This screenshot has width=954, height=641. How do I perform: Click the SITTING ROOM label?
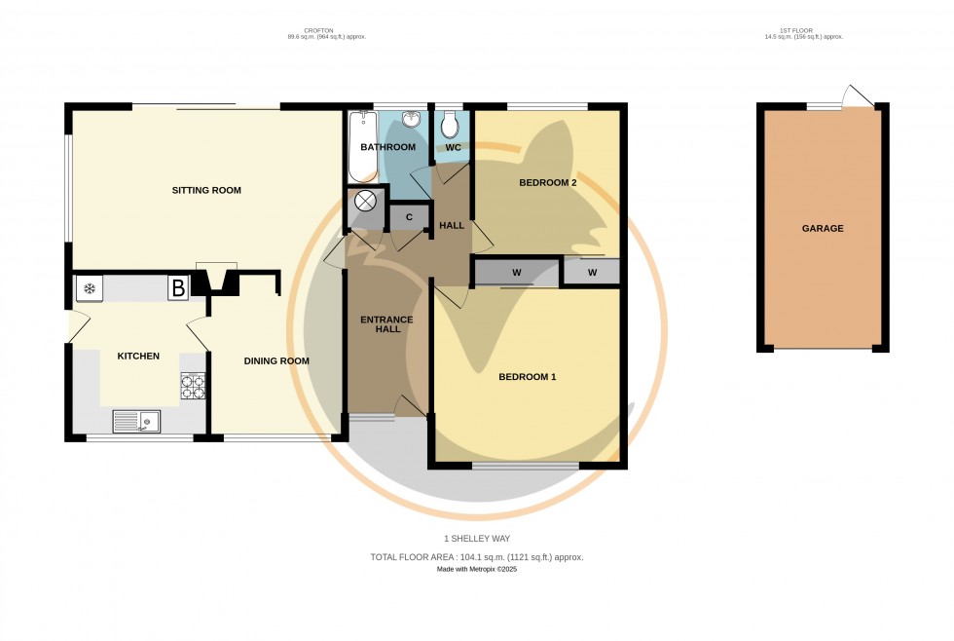pyautogui.click(x=206, y=190)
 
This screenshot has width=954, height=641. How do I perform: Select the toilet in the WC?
pyautogui.click(x=449, y=125)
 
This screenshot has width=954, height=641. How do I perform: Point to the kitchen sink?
pyautogui.click(x=136, y=421)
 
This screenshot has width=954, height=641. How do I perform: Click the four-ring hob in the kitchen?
pyautogui.click(x=193, y=387)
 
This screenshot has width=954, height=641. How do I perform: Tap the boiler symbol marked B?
pyautogui.click(x=178, y=288)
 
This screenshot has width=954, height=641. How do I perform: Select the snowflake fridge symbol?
pyautogui.click(x=90, y=288)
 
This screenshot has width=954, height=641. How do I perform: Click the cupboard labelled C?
pyautogui.click(x=409, y=216)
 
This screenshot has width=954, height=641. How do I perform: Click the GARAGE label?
pyautogui.click(x=823, y=229)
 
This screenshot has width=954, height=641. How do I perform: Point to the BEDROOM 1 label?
pyautogui.click(x=527, y=377)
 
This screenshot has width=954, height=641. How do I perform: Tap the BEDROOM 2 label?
pyautogui.click(x=548, y=183)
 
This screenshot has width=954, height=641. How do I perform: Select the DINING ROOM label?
pyautogui.click(x=276, y=361)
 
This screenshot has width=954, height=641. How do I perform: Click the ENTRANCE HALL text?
pyautogui.click(x=387, y=324)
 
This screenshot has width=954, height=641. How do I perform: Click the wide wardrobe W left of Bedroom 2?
pyautogui.click(x=517, y=272)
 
